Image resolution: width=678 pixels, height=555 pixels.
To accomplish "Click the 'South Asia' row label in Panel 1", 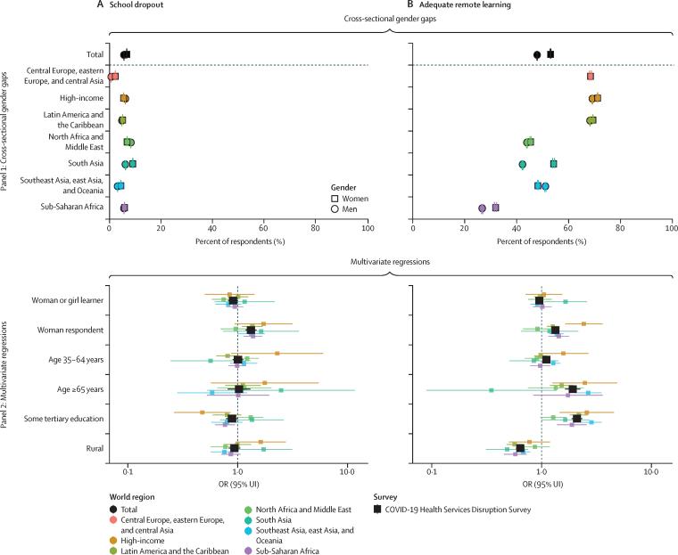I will [82, 164].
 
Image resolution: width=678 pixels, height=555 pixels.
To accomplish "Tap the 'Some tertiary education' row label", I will [62, 418].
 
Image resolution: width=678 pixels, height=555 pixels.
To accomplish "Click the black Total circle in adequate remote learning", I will [537, 54].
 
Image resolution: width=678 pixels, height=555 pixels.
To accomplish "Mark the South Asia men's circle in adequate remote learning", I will [523, 165].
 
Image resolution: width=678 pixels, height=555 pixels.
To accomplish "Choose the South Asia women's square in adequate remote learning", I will [554, 163].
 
